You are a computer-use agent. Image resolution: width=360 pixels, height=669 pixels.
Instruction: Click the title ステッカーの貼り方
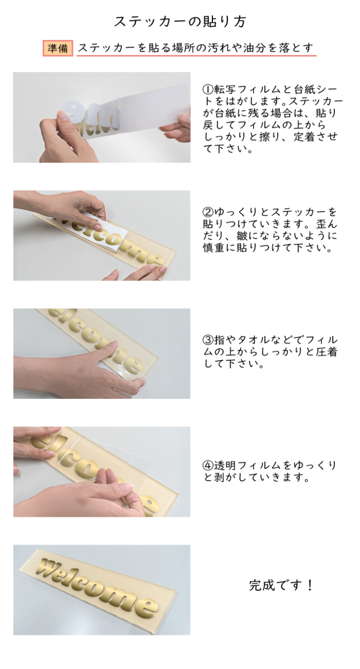coord(180,21)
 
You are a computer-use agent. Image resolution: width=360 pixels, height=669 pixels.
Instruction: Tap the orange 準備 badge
coord(58,48)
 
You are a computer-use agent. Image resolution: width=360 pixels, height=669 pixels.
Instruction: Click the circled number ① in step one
coord(208,89)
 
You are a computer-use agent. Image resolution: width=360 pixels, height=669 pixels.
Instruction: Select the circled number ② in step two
coord(208,212)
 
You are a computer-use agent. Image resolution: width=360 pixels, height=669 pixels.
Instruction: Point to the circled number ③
coord(208,340)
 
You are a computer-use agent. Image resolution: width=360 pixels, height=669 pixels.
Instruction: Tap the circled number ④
coord(208,465)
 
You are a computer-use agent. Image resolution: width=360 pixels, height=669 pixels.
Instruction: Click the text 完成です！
coord(281,585)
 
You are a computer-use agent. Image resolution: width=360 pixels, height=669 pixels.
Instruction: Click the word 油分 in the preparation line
coord(255,48)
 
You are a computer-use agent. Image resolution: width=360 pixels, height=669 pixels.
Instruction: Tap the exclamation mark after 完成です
coord(310,585)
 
